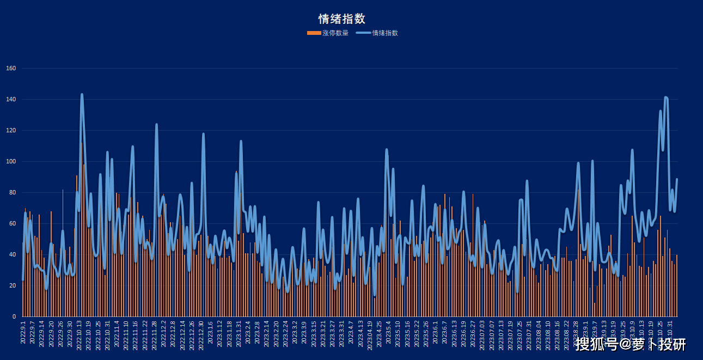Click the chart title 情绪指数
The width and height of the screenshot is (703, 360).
click(x=341, y=19)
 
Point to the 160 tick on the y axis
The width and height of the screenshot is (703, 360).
click(x=11, y=69)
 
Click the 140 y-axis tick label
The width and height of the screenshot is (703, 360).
click(x=11, y=100)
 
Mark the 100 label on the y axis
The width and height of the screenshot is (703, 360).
click(x=11, y=162)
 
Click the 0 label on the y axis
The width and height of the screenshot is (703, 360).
click(x=15, y=317)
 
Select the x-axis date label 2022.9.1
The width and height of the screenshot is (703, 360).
click(x=23, y=332)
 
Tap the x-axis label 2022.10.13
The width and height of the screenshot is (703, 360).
click(x=80, y=334)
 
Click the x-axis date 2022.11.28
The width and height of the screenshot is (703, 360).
click(x=155, y=334)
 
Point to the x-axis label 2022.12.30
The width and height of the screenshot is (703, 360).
click(x=201, y=334)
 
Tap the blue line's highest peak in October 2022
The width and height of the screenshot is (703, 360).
click(x=82, y=94)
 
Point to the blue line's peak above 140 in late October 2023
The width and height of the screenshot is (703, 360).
click(x=666, y=97)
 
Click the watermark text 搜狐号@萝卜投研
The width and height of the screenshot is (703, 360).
click(x=631, y=344)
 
